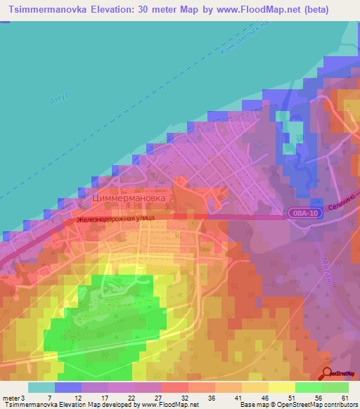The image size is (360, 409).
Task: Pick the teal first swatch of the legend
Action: pos(41,387)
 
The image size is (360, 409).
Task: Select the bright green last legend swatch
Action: pos(335,387)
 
